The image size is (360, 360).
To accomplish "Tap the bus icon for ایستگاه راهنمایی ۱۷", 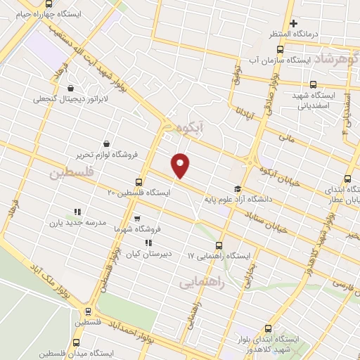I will pos(219,245).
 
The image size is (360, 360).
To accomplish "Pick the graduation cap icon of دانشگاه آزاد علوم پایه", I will pos(237,188).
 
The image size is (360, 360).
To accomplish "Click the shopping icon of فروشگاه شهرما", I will pos(136,218).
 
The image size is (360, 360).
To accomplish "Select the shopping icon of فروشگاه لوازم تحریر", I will pos(106,143).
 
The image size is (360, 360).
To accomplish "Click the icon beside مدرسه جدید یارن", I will pos(77,212).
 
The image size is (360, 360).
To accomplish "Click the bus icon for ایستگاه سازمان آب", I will pos(280,49).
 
